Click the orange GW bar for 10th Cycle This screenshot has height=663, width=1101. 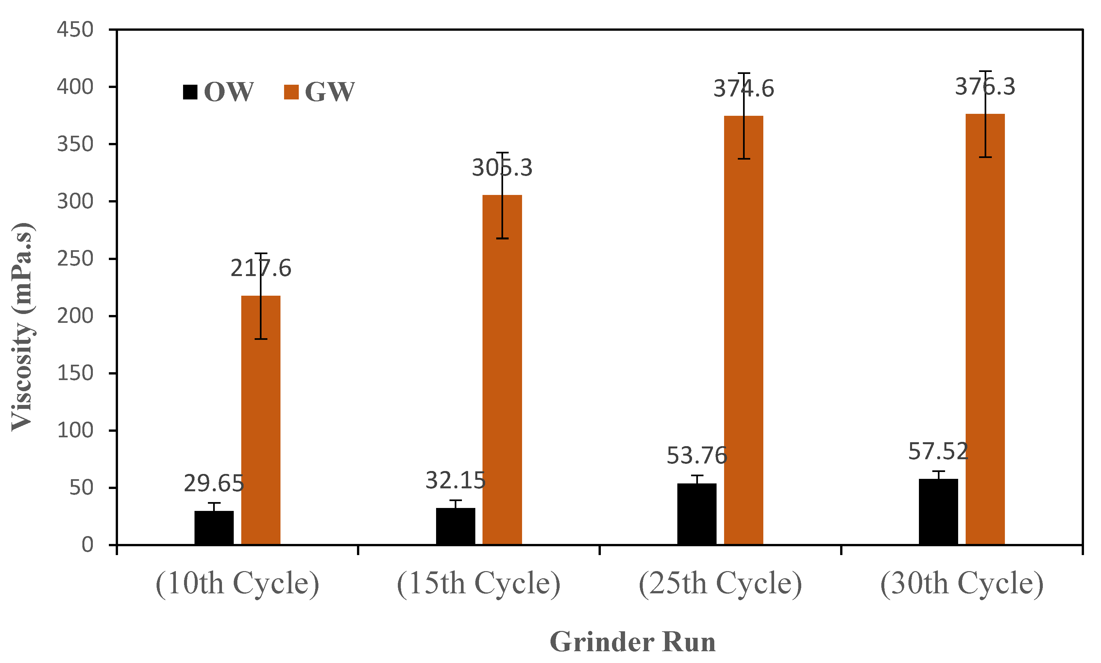[x=261, y=420]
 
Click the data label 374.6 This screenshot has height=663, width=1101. [x=743, y=88]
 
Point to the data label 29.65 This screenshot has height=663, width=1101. [x=214, y=483]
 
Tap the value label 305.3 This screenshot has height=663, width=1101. [x=502, y=168]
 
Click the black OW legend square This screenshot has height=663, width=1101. [x=190, y=92]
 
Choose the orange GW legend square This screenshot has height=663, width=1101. [x=291, y=92]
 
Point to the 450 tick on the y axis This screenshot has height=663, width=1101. [x=75, y=30]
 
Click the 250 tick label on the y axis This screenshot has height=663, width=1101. [x=75, y=259]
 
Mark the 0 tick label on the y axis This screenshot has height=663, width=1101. [x=87, y=545]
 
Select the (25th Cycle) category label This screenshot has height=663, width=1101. [x=720, y=583]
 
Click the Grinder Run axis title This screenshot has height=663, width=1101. [x=633, y=642]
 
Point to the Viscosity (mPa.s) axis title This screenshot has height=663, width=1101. [x=22, y=326]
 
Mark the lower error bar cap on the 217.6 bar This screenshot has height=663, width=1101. [x=261, y=339]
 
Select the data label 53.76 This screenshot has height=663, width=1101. [x=697, y=456]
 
